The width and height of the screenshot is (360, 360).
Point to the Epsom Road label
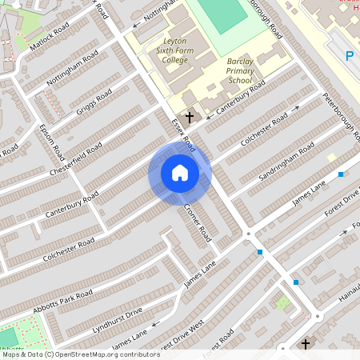(51, 137)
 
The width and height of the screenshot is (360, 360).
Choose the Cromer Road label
(198, 222)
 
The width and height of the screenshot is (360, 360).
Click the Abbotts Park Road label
(63, 302)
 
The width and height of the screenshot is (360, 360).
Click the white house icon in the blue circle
(180, 173)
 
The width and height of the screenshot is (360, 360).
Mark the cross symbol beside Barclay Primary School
(190, 117)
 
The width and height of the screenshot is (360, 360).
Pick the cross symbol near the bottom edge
(305, 345)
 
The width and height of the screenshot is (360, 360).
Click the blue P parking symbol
(349, 55)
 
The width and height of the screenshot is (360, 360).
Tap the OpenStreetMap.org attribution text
(105, 354)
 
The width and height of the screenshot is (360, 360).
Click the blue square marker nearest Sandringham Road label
(341, 174)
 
